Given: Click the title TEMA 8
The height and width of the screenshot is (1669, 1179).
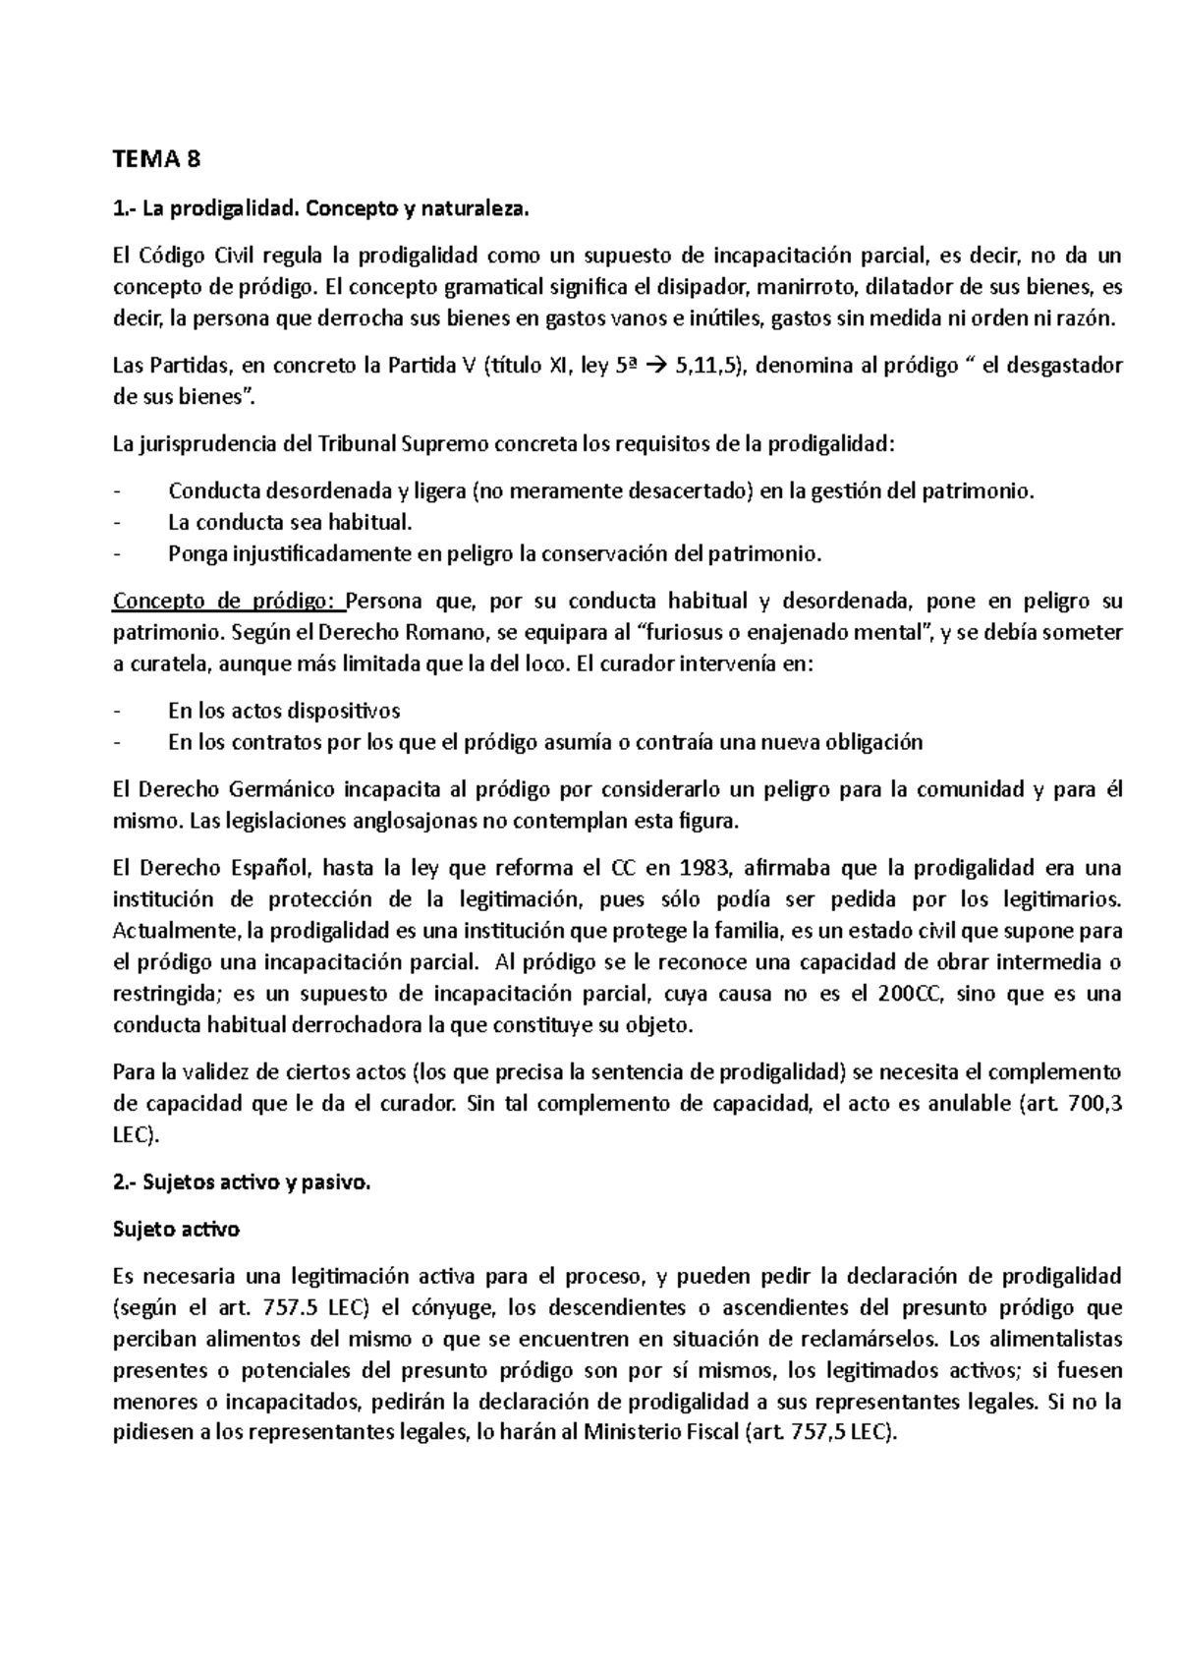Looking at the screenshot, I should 156,160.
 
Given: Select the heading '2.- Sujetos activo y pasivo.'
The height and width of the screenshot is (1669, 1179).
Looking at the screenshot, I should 243,1183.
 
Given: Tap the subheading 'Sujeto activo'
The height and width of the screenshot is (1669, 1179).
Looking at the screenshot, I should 176,1230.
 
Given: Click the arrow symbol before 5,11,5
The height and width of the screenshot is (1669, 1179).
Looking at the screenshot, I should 659,367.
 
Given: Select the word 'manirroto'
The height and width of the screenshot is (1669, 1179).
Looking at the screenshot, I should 813,288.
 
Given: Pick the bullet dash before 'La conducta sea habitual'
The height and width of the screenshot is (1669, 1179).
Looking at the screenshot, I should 119,523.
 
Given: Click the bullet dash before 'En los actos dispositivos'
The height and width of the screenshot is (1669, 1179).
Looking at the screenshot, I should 119,712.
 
